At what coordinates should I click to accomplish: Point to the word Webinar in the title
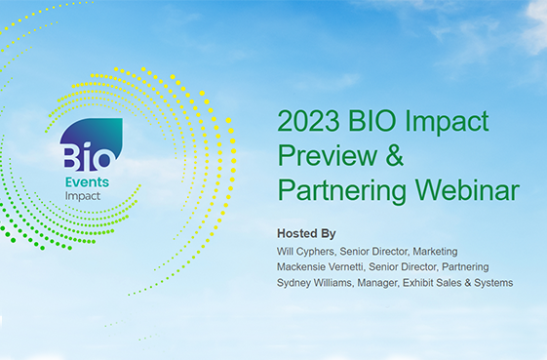pos(465,188)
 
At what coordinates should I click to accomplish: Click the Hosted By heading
pos(306,234)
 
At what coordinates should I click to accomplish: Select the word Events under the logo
pos(87,182)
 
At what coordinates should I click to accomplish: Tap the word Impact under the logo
pos(83,195)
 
